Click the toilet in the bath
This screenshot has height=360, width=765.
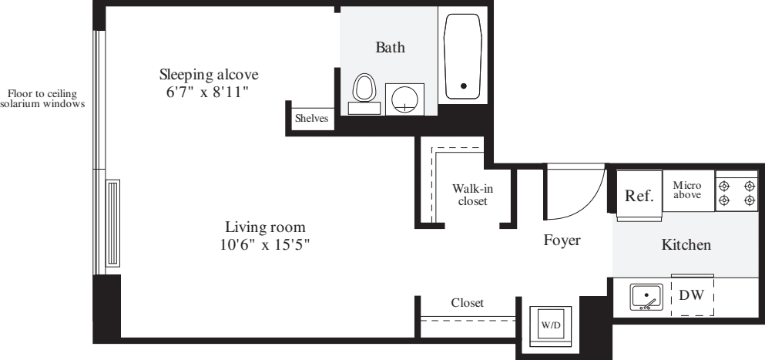[364, 94]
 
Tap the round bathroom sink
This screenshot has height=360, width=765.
[404, 99]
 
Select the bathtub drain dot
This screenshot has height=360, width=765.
[464, 86]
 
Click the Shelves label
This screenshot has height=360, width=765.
[312, 118]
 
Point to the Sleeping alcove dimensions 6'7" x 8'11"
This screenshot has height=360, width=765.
[208, 92]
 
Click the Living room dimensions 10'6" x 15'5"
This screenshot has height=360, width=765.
[265, 244]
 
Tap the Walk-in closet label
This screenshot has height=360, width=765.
[472, 194]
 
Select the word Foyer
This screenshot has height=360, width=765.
[562, 240]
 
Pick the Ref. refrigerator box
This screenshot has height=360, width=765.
[639, 195]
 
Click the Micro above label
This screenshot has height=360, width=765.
[687, 190]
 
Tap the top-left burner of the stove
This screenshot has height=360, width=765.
[724, 186]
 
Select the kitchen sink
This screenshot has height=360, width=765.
[646, 297]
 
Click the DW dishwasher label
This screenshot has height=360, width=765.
[692, 295]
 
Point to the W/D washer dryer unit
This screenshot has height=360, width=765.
[550, 325]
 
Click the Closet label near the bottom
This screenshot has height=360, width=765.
[468, 303]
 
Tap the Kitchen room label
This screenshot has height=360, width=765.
[686, 244]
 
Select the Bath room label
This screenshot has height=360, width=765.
[390, 47]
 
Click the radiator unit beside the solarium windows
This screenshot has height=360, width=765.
[112, 224]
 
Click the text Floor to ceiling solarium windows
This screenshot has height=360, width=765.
[42, 99]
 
